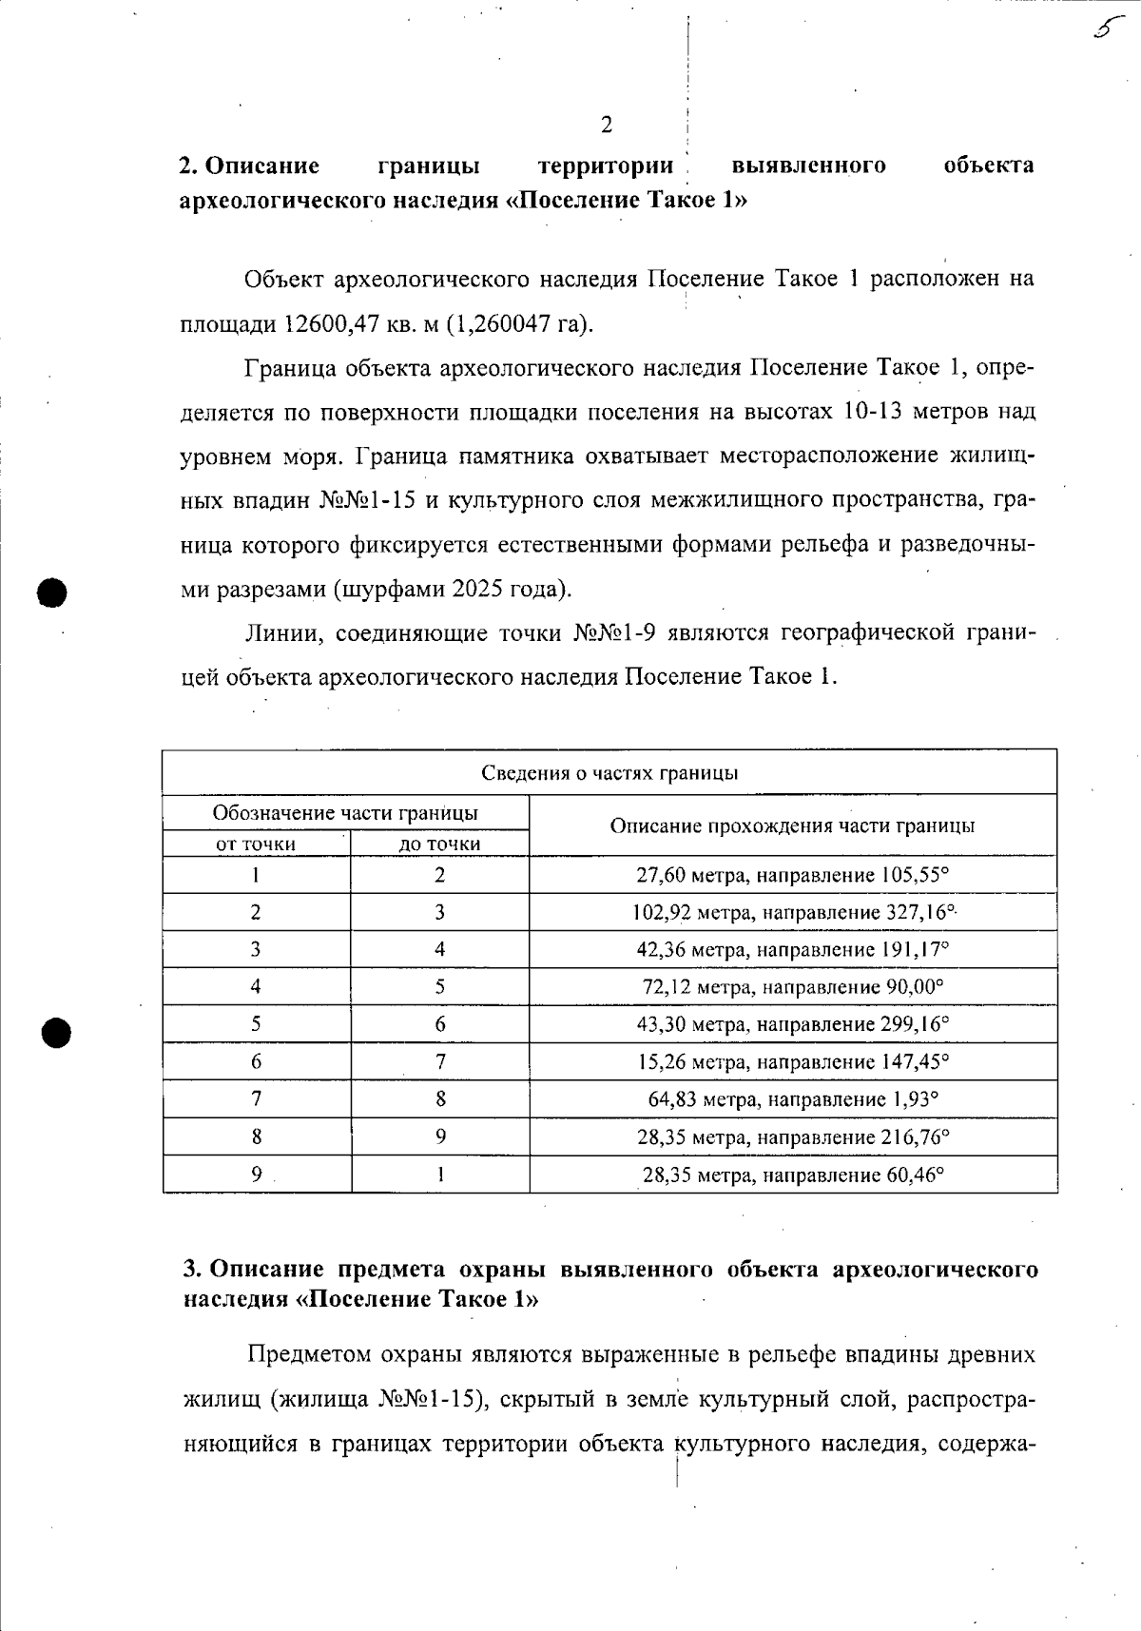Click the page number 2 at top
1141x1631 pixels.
[607, 125]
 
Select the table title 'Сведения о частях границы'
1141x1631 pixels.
[609, 773]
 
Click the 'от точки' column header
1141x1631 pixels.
[256, 844]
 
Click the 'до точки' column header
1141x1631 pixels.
[439, 844]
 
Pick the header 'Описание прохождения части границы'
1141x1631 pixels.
[792, 825]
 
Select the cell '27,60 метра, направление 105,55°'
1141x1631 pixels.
[792, 875]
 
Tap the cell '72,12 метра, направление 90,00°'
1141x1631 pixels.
[792, 987]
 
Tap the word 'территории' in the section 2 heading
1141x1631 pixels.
[606, 165]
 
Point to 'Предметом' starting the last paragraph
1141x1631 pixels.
[310, 1353]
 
